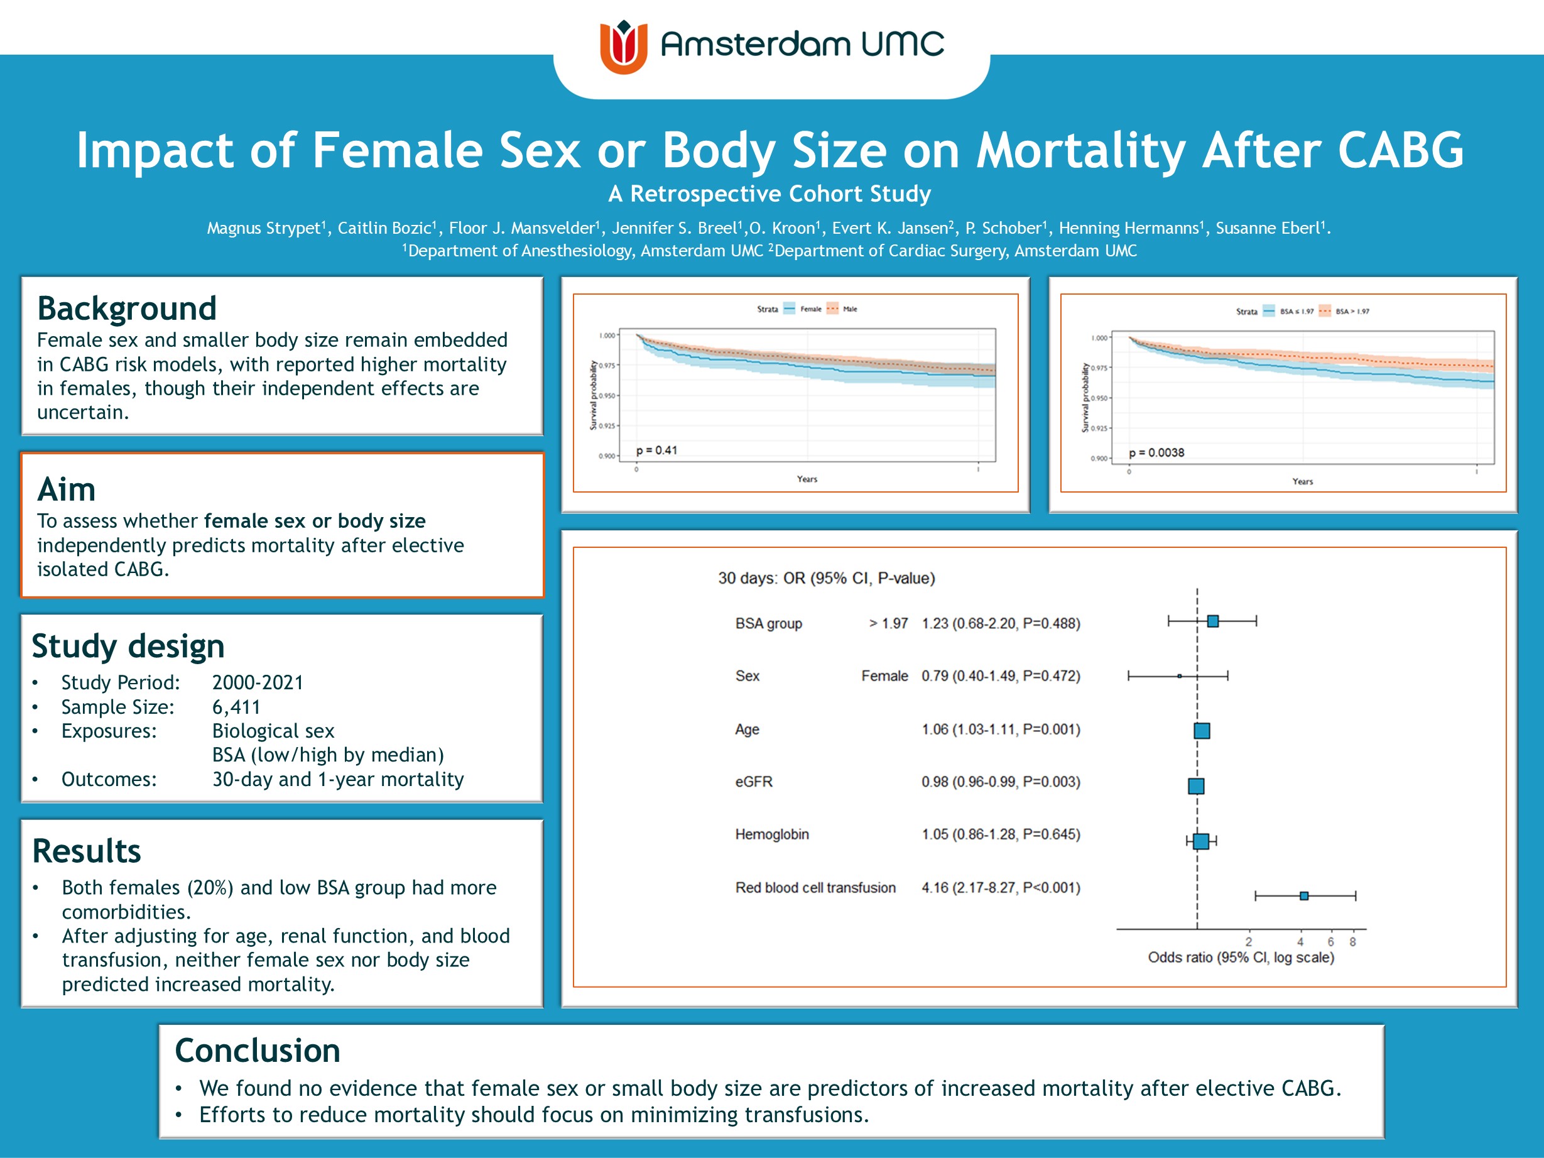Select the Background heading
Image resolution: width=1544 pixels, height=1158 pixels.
(x=127, y=309)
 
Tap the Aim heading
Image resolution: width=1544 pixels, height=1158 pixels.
(x=67, y=489)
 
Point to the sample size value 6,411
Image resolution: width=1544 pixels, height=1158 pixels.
(x=236, y=707)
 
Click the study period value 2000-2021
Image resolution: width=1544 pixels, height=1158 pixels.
(x=258, y=682)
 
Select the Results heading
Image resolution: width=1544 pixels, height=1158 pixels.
(x=87, y=851)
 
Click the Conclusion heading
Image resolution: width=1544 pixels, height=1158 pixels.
(x=258, y=1051)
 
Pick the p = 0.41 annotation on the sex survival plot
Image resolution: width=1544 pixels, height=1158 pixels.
(x=656, y=451)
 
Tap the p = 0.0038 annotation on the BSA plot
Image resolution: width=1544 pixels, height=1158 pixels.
(x=1156, y=452)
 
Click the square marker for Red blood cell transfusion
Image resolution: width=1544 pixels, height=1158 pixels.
(x=1303, y=895)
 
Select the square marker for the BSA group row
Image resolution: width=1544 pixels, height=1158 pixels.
(x=1212, y=621)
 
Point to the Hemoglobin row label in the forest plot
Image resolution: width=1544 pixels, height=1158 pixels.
(x=771, y=834)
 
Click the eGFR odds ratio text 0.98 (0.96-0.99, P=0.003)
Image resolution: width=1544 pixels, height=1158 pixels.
(x=1000, y=782)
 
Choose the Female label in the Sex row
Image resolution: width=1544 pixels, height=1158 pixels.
(x=884, y=675)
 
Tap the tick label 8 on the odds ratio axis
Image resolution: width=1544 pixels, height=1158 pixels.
(x=1352, y=942)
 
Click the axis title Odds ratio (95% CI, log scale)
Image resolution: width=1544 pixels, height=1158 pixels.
(x=1241, y=958)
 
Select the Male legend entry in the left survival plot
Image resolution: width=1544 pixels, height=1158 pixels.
(x=849, y=309)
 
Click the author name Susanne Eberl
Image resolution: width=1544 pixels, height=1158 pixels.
(x=1269, y=228)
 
